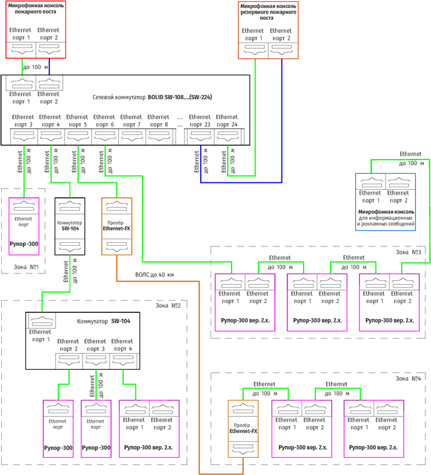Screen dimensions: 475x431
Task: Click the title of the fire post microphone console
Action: click(x=36, y=9)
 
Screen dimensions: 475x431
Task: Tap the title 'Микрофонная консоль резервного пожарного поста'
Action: click(x=268, y=12)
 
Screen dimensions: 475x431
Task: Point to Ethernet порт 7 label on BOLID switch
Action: click(x=131, y=121)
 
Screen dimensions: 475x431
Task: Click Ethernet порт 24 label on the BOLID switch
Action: click(x=227, y=121)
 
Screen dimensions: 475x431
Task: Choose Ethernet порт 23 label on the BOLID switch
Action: click(x=199, y=121)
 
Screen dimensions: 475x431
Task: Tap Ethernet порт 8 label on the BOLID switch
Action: click(x=158, y=121)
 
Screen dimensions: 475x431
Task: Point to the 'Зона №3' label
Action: click(x=408, y=251)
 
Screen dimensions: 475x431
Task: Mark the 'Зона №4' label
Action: click(x=408, y=378)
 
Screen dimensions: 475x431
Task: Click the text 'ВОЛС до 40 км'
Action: click(x=154, y=275)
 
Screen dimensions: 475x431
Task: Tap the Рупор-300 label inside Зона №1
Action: click(x=24, y=244)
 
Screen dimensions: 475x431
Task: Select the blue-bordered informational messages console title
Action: click(x=385, y=216)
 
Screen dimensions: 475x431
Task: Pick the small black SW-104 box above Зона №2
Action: click(x=69, y=225)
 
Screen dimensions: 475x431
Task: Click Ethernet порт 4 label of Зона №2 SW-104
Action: click(x=123, y=345)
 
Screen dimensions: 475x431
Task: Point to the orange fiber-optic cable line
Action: click(x=199, y=370)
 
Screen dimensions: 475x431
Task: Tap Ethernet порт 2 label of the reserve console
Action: click(x=281, y=35)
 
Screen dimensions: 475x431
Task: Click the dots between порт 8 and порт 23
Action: click(x=179, y=117)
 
